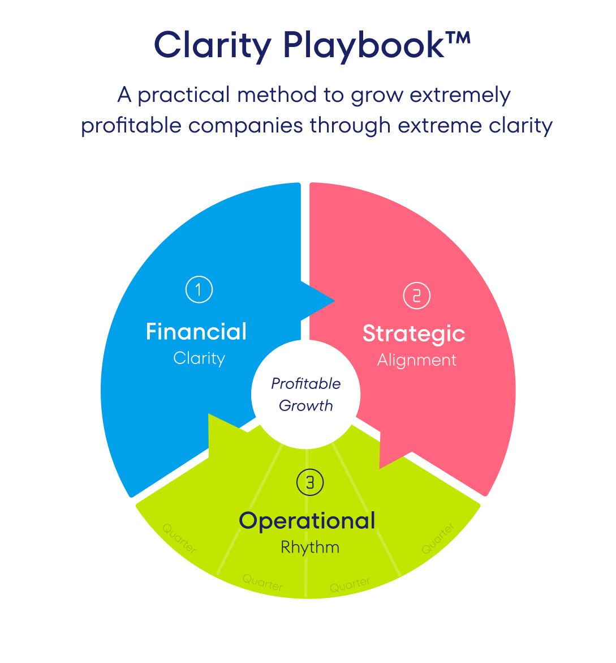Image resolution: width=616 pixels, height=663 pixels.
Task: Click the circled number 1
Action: [199, 289]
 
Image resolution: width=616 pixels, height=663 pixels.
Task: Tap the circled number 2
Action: [416, 296]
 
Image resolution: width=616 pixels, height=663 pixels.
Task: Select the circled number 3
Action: [310, 482]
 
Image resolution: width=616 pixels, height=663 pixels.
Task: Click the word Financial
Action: [196, 332]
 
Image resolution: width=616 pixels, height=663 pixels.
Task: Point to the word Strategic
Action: [413, 334]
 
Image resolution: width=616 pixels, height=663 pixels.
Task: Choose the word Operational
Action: [307, 521]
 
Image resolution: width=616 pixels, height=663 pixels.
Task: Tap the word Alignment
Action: [416, 360]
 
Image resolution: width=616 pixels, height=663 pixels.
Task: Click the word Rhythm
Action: [310, 547]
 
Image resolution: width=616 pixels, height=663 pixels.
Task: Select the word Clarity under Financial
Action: [199, 358]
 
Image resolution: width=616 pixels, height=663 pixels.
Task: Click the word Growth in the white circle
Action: [305, 406]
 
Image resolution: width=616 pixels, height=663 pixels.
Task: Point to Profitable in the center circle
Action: [305, 384]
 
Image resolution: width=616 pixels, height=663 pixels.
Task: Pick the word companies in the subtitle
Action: [245, 125]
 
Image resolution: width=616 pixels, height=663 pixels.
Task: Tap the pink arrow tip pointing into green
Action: [385, 461]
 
